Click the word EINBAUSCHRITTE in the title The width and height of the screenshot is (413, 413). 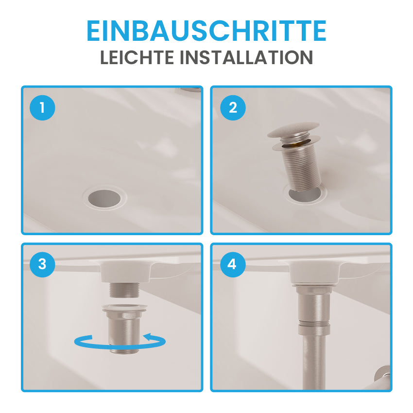click(206, 31)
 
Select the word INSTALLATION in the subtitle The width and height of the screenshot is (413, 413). click(246, 57)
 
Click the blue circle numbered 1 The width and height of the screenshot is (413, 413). click(42, 107)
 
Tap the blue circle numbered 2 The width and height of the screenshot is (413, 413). click(233, 107)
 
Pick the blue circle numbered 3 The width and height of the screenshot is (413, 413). click(42, 264)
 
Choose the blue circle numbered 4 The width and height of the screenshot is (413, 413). click(233, 264)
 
